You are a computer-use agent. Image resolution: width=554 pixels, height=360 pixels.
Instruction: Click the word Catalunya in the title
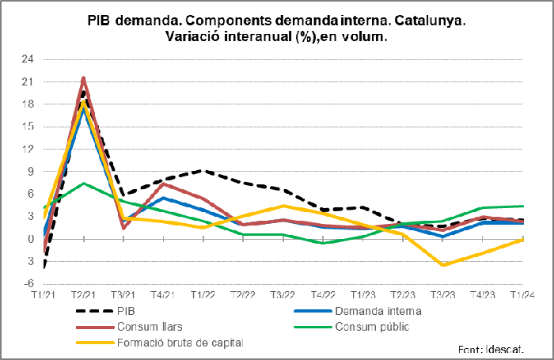click(x=423, y=21)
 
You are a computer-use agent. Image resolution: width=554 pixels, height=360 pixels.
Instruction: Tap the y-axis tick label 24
click(x=28, y=59)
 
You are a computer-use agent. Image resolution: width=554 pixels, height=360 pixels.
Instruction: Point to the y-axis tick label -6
click(x=29, y=283)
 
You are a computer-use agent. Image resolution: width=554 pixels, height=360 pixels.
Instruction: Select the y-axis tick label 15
click(x=28, y=127)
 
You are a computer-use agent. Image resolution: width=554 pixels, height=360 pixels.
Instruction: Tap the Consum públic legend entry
click(x=372, y=326)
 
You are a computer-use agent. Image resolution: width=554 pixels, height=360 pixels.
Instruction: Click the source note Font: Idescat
click(x=495, y=349)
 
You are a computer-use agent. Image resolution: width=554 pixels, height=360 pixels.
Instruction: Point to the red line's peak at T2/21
click(x=84, y=78)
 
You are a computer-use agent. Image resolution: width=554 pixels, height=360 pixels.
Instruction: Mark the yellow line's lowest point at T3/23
click(x=443, y=264)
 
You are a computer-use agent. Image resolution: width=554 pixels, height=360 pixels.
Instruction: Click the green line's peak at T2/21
click(x=84, y=184)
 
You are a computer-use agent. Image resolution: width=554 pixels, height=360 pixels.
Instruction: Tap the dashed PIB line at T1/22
click(x=203, y=170)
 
